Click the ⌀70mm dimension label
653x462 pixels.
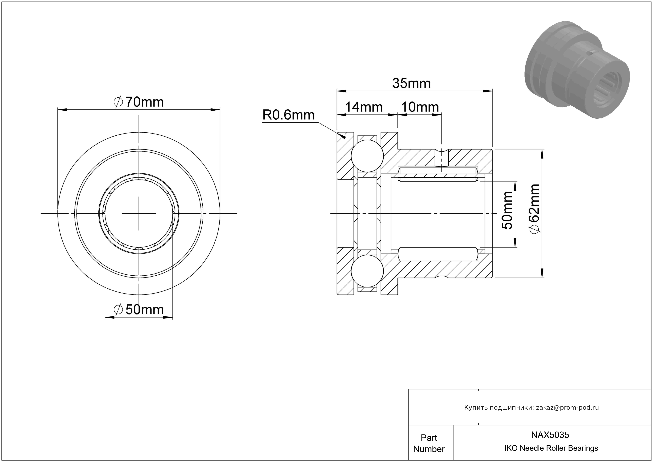[x=139, y=102]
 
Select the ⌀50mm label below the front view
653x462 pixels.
[x=139, y=309]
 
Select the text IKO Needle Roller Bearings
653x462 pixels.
[x=551, y=448]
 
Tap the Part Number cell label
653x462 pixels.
[x=429, y=443]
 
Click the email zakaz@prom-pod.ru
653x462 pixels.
[x=567, y=407]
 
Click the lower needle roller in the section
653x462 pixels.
[x=438, y=254]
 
